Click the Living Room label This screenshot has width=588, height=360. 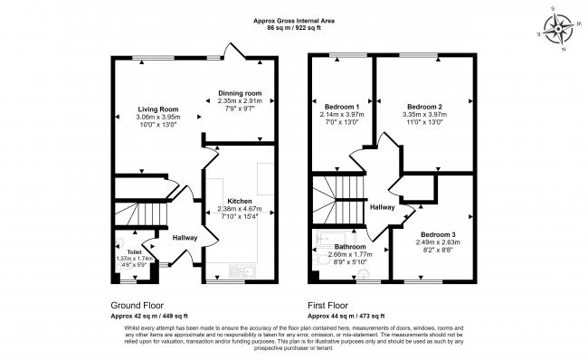click(146, 109)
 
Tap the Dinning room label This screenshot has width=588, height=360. click(239, 93)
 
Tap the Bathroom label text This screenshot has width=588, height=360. click(349, 247)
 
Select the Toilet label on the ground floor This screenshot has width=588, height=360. click(134, 251)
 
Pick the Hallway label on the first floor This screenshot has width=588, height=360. click(382, 207)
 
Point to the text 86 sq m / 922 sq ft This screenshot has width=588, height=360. click(294, 29)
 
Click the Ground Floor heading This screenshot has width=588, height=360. click(138, 306)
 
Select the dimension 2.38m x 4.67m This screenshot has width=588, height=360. click(240, 208)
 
